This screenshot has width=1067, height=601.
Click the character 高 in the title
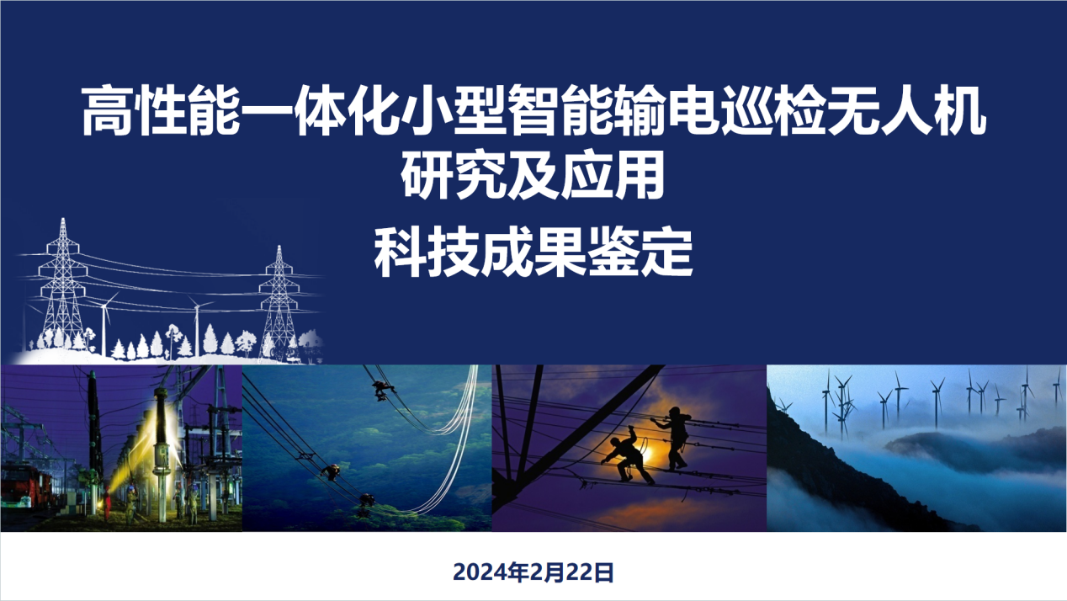coord(107,110)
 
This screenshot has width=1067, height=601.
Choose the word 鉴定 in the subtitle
coord(640,253)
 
